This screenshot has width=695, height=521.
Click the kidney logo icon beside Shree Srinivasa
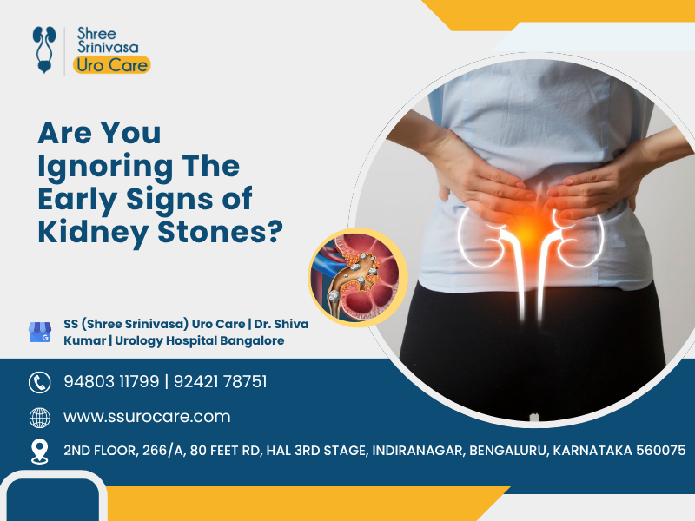(44, 49)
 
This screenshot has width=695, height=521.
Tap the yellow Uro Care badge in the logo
(112, 65)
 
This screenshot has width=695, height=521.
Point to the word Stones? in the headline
(221, 231)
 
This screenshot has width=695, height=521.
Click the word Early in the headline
(78, 200)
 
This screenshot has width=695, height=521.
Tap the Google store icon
(40, 332)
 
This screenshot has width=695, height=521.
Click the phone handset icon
(40, 382)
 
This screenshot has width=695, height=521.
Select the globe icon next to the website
(40, 418)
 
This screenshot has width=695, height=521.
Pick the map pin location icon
(40, 452)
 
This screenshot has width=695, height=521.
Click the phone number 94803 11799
(111, 381)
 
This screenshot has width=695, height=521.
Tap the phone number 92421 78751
(221, 381)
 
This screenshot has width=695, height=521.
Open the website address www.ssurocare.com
(147, 417)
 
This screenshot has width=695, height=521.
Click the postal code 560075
(661, 451)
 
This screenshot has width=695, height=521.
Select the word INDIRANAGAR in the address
(418, 451)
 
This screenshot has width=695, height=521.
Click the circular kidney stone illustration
(358, 277)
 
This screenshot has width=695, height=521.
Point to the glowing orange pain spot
(526, 230)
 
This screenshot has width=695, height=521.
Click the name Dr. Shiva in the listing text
(281, 324)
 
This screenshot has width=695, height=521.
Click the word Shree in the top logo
(96, 34)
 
